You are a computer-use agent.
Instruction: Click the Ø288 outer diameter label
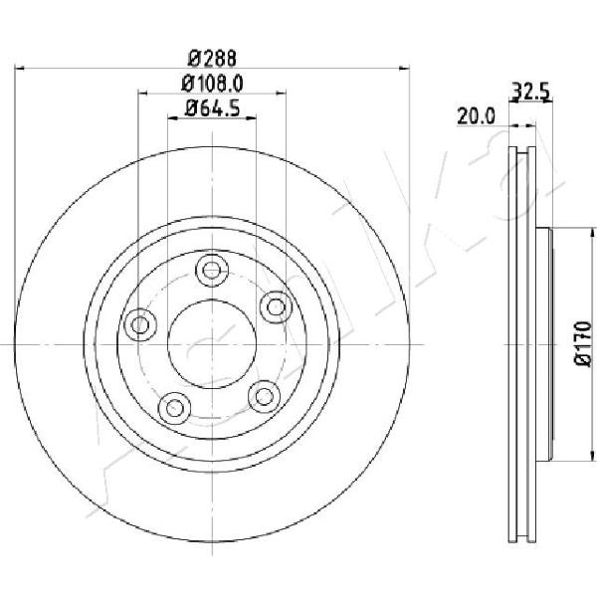pyautogui.click(x=212, y=59)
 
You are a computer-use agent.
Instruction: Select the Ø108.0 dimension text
pyautogui.click(x=212, y=85)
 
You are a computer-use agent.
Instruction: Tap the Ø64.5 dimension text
pyautogui.click(x=212, y=108)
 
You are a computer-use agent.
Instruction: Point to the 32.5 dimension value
pyautogui.click(x=530, y=92)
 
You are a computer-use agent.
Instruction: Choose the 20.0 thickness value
pyautogui.click(x=476, y=115)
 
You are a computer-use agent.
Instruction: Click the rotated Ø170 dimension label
pyautogui.click(x=583, y=344)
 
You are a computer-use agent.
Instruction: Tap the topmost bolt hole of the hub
pyautogui.click(x=212, y=271)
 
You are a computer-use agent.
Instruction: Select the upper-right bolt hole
pyautogui.click(x=277, y=306)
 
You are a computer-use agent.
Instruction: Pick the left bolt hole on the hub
pyautogui.click(x=140, y=324)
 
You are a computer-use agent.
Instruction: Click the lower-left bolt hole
pyautogui.click(x=174, y=408)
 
